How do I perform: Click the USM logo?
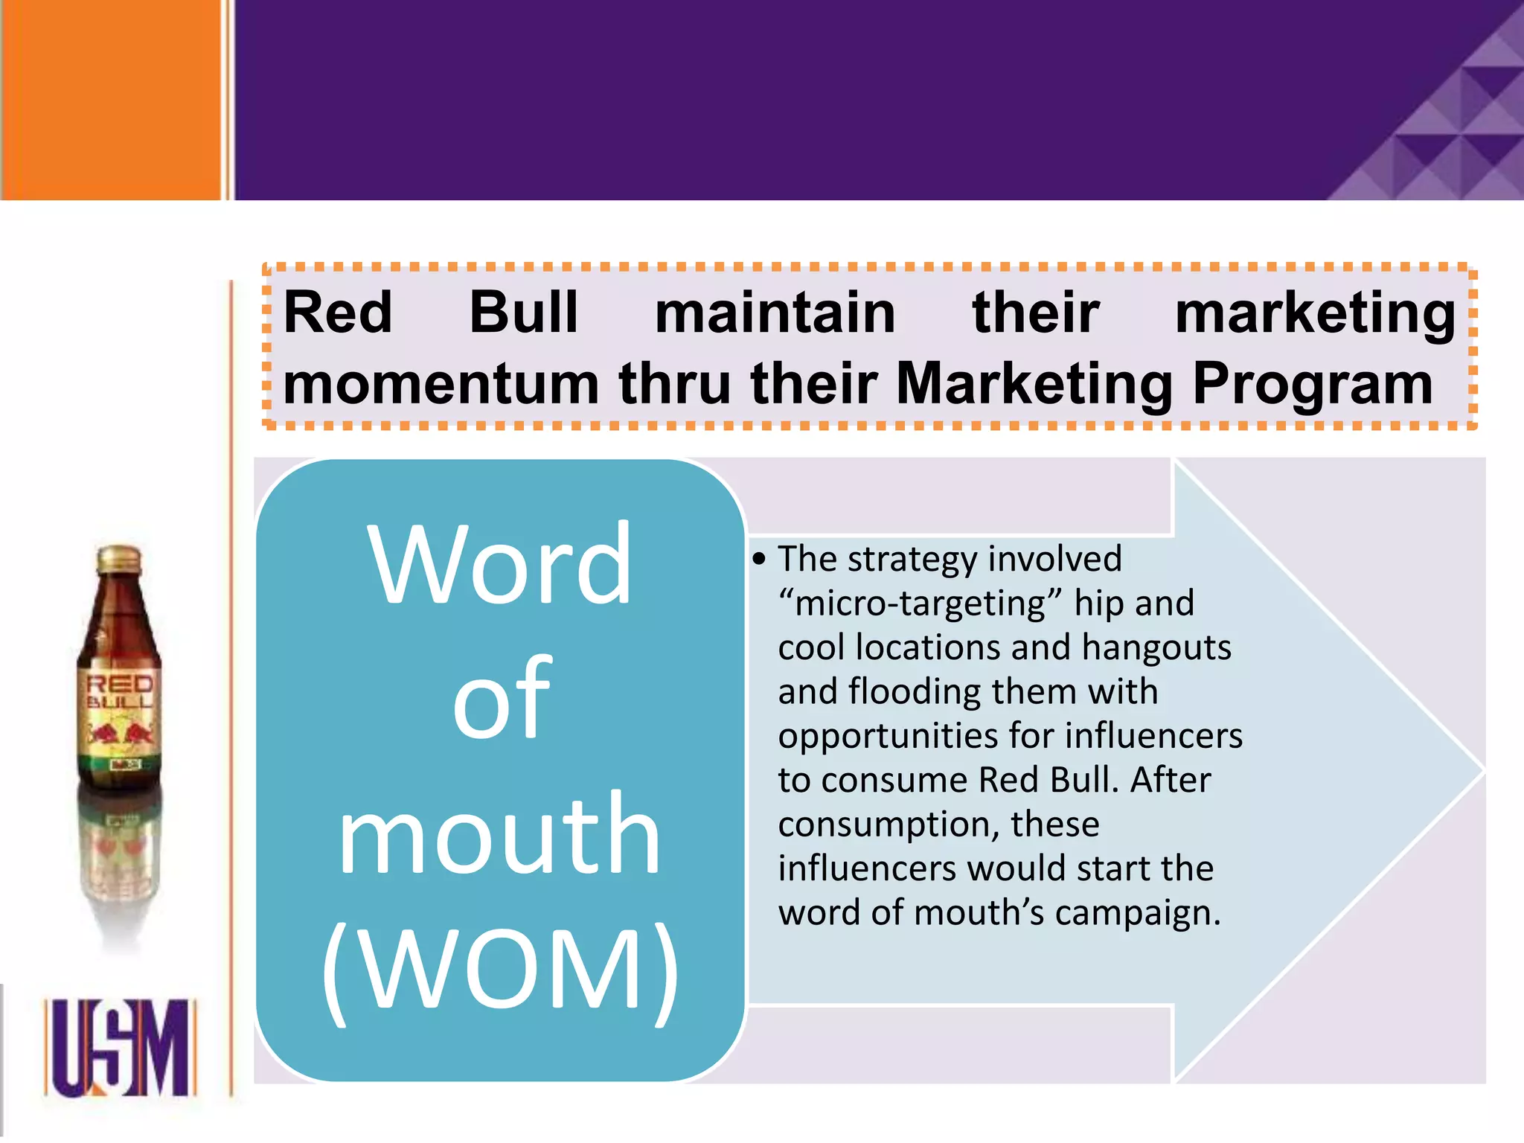(120, 1048)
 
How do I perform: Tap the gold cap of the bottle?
(119, 560)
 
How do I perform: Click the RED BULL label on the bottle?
(120, 692)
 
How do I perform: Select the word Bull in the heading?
(524, 313)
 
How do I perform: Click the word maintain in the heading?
(775, 313)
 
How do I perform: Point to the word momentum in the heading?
(441, 384)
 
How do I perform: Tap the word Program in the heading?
(1313, 384)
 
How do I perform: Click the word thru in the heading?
(674, 384)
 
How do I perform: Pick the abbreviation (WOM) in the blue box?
(500, 971)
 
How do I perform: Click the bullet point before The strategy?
(758, 560)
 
